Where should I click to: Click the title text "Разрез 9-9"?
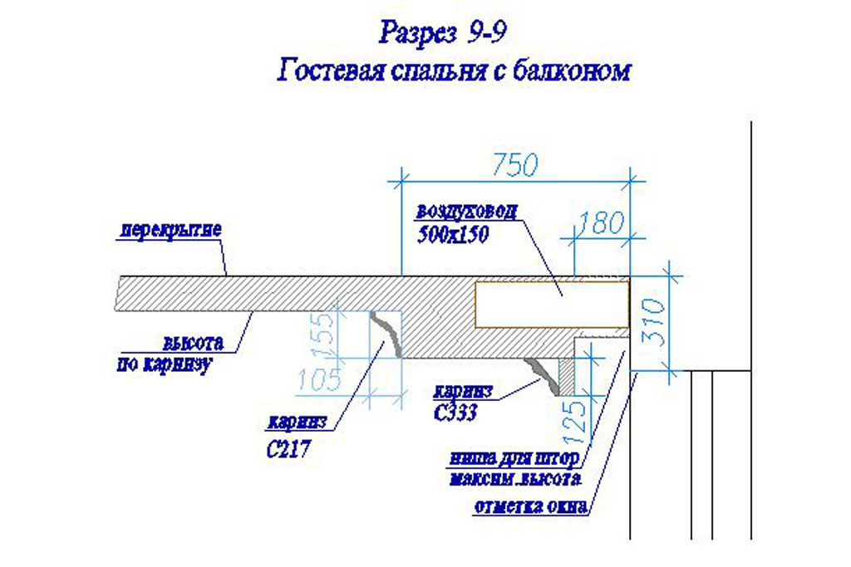(x=443, y=34)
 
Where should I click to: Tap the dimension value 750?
(x=514, y=165)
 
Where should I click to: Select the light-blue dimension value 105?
(x=319, y=380)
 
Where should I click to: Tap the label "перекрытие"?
(x=168, y=229)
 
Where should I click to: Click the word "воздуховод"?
(x=466, y=211)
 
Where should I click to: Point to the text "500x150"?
(x=452, y=235)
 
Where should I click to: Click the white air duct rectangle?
(x=551, y=304)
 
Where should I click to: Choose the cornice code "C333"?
(x=455, y=413)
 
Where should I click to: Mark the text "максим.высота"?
(x=515, y=481)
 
